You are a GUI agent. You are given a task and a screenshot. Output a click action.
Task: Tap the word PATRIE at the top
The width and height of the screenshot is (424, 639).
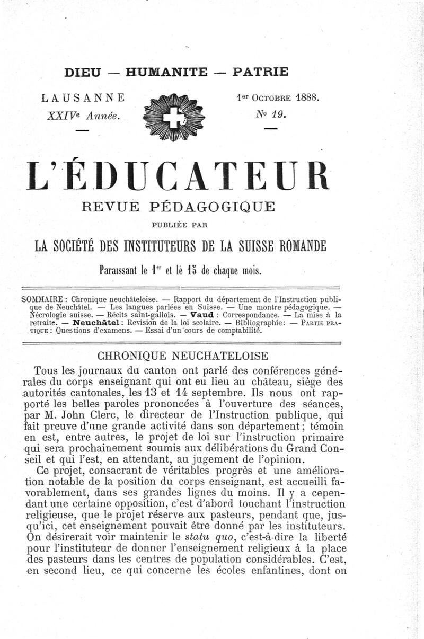click(260, 72)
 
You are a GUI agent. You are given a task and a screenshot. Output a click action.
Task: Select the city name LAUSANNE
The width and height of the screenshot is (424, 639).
click(84, 98)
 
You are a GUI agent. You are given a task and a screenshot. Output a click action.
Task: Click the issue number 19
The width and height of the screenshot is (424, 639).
click(279, 113)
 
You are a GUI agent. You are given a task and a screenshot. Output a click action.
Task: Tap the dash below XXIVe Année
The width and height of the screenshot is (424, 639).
click(83, 129)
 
